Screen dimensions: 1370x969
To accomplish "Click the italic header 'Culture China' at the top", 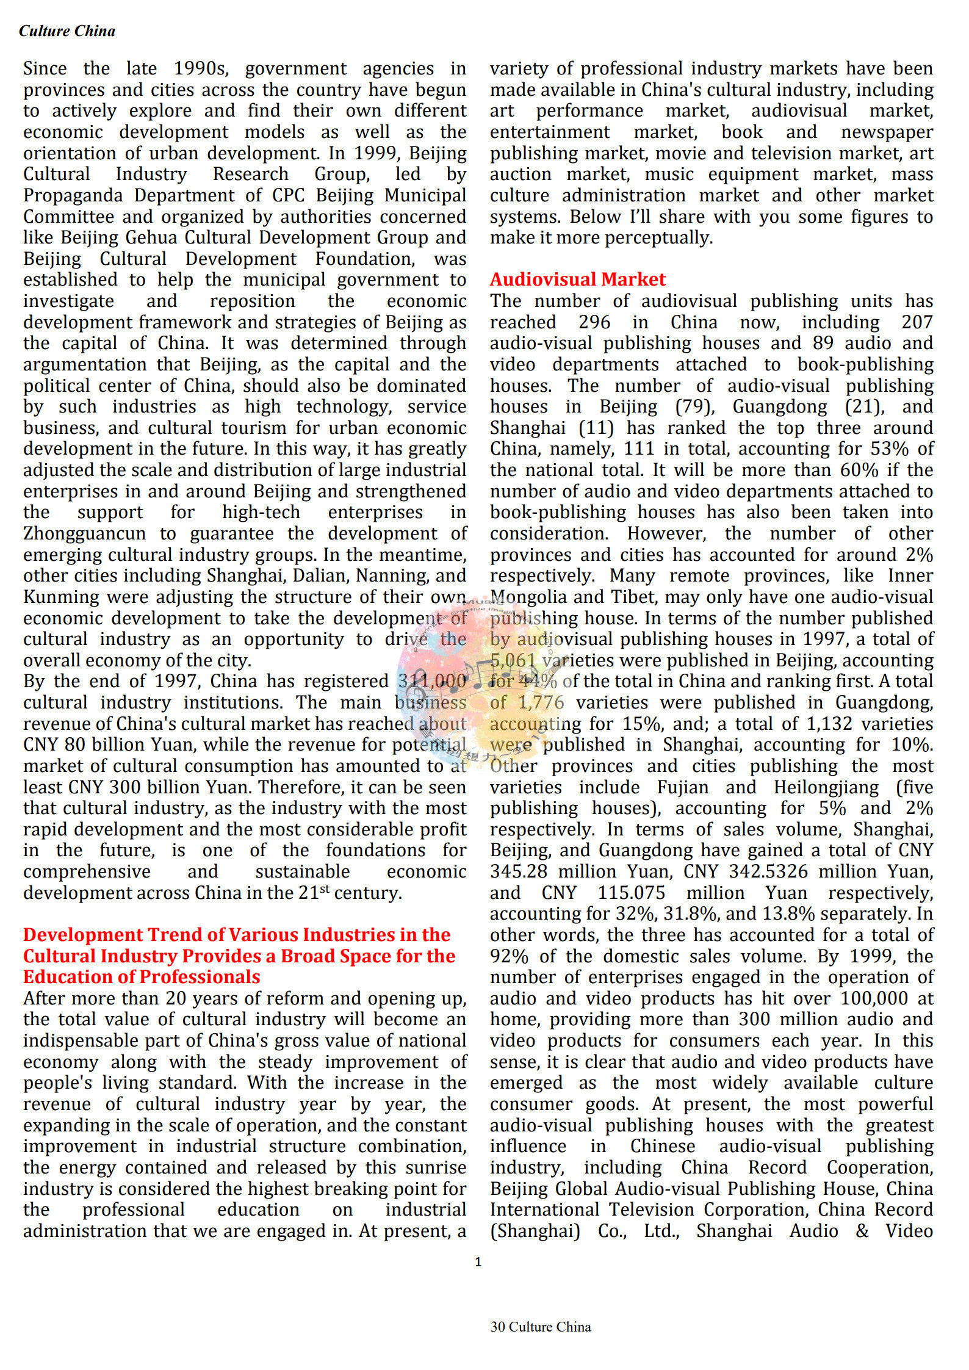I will click(67, 31).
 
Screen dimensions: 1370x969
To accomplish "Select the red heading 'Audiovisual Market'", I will click(577, 279).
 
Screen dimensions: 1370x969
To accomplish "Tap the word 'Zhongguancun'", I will click(84, 533).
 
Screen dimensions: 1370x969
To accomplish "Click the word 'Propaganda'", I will click(73, 195).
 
